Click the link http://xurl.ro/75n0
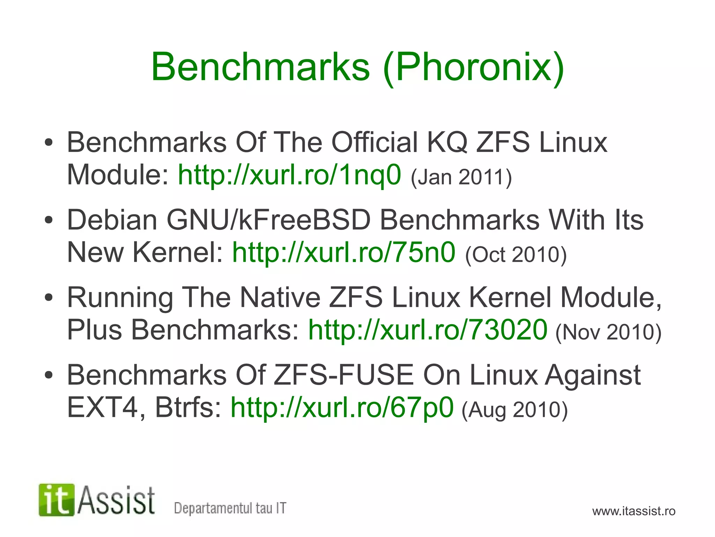coord(344,252)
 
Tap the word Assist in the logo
coord(116,501)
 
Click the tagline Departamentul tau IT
coord(230,508)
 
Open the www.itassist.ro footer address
coord(634,511)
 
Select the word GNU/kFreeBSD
coord(268,220)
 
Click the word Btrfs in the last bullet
coord(188,407)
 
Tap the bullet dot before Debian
coord(49,220)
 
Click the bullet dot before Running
coord(49,298)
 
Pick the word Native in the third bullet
coord(280,298)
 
